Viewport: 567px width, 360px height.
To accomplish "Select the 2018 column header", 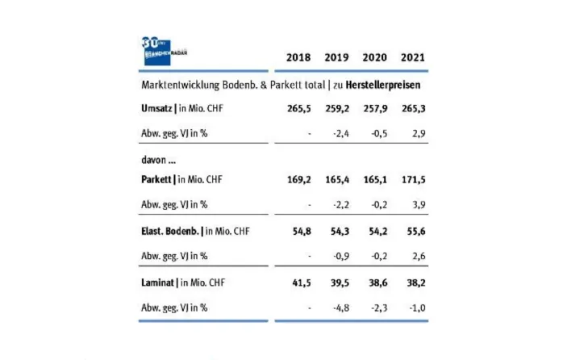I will (298, 58).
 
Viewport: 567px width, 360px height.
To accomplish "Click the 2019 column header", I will (336, 58).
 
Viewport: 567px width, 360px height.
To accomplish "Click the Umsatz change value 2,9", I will (417, 132).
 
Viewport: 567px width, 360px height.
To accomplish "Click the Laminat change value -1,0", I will (415, 308).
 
